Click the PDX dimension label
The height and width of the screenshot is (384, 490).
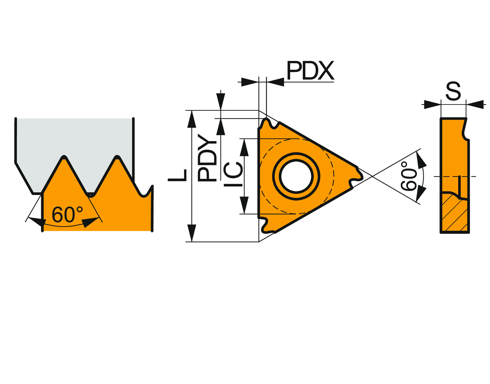point(310,71)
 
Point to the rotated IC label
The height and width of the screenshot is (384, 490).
point(233,174)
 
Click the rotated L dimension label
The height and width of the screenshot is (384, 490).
point(178,175)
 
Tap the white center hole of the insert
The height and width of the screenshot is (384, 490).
point(296,176)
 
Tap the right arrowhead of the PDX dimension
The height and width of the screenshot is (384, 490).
point(275,82)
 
